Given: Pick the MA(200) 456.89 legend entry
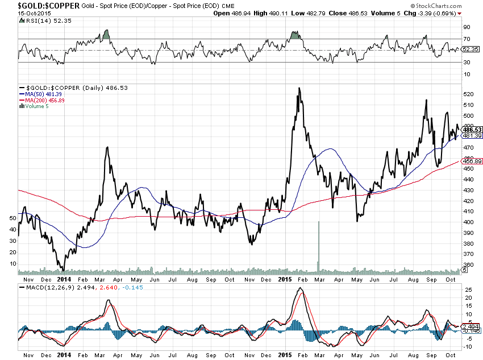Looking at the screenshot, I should [46, 100].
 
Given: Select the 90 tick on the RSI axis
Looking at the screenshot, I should [465, 27].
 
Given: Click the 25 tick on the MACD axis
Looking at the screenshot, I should [465, 289].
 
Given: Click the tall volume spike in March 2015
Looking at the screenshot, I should [318, 245].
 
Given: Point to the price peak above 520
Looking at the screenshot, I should [298, 89].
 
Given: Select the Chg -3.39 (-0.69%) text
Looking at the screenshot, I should [434, 13].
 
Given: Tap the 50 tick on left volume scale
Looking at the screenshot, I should [13, 218].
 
